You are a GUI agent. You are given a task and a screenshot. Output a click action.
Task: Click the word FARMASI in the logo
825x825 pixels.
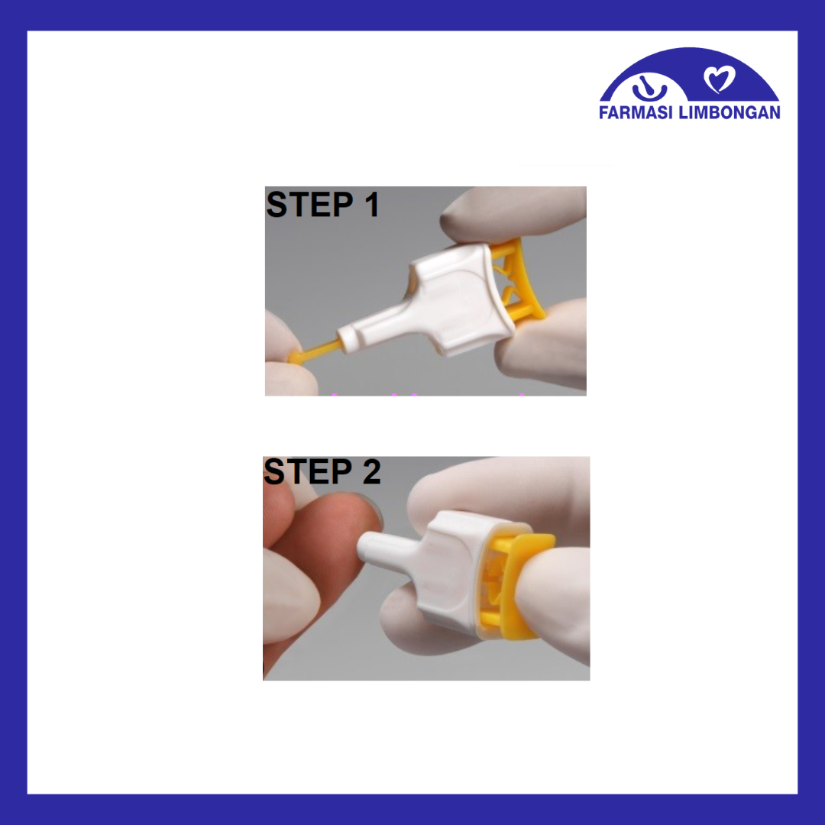click(636, 112)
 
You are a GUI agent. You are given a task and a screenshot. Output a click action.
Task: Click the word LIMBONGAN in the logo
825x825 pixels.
click(730, 112)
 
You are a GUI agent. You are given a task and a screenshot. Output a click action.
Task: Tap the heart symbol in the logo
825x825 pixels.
click(720, 79)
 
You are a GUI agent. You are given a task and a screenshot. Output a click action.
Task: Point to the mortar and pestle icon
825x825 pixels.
click(649, 88)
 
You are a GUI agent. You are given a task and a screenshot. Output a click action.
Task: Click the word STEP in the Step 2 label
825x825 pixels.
click(307, 471)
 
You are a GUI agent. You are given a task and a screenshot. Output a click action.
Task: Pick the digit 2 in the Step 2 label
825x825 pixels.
click(371, 471)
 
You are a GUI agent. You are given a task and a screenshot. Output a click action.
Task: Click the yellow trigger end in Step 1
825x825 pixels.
click(518, 279)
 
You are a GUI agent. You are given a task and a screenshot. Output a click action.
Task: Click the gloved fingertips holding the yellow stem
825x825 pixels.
click(286, 357)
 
